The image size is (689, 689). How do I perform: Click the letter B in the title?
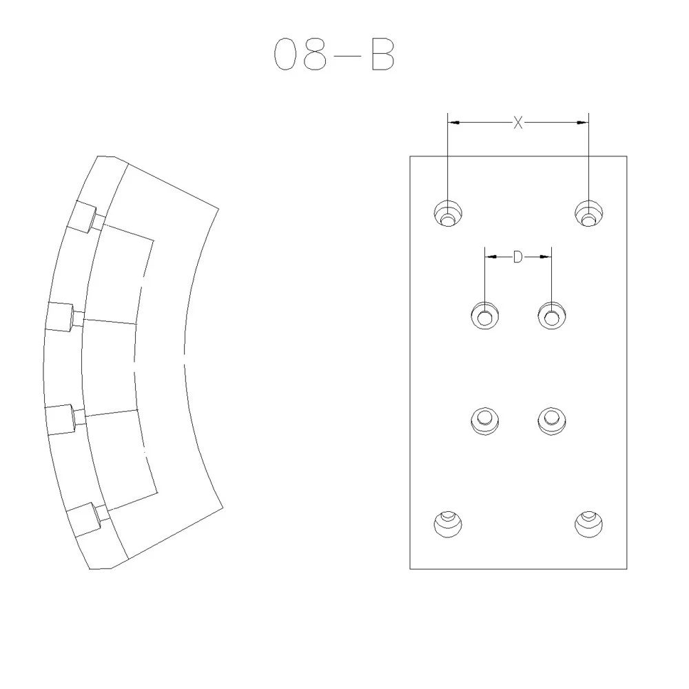coord(382,54)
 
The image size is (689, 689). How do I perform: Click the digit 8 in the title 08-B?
coord(315,54)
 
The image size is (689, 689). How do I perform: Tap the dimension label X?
coord(518,123)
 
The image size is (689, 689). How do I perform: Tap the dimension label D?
coord(518,257)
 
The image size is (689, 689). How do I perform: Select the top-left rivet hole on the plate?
coord(448,214)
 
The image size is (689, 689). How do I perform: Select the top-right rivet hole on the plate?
coord(589,214)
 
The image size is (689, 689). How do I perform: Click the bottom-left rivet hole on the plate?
coord(448,524)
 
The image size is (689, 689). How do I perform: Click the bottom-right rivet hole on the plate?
coord(589,524)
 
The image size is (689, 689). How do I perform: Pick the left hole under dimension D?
coord(484,316)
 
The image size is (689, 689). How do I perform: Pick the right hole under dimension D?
coord(552,316)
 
